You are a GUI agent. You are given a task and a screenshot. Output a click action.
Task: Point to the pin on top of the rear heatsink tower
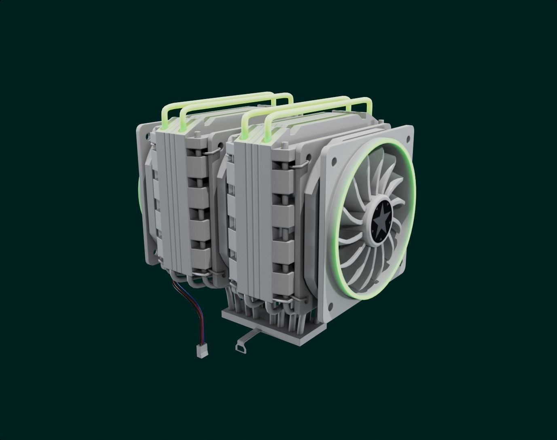198,133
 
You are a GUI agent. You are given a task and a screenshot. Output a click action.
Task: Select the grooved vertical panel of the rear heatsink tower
172,198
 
